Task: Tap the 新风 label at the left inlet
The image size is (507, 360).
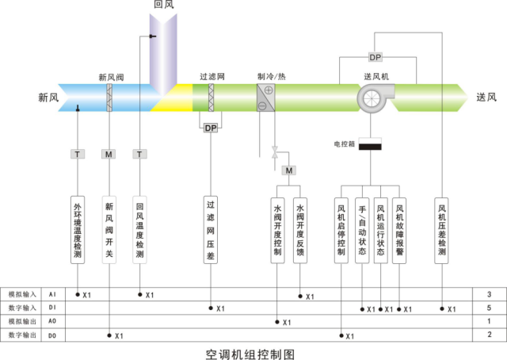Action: click(48, 98)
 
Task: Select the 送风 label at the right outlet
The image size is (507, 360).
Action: click(486, 98)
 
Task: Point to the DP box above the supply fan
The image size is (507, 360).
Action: click(375, 57)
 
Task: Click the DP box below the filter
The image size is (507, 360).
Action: click(211, 128)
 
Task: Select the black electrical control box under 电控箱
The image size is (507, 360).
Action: click(371, 146)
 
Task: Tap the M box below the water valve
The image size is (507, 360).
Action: click(289, 170)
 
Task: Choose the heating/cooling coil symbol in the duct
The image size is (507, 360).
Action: click(265, 98)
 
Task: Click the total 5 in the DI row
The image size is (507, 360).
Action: click(489, 308)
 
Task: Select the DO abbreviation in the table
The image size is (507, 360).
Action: click(52, 335)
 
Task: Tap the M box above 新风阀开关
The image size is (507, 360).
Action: click(109, 153)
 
